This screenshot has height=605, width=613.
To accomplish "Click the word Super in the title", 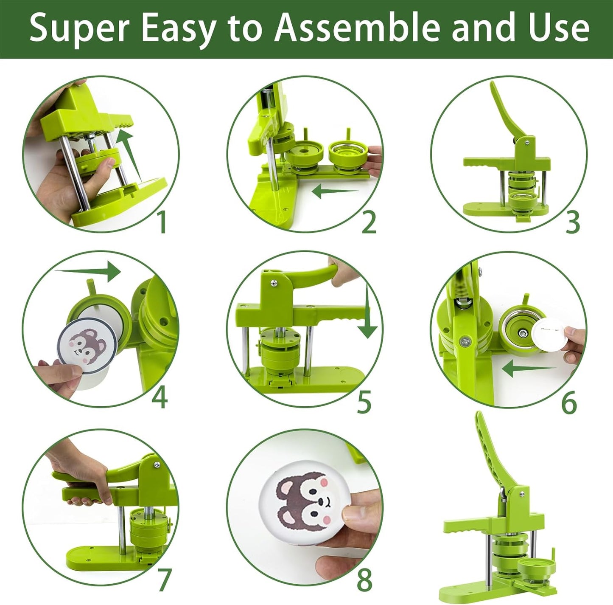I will click(79, 28).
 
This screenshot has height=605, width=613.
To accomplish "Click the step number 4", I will click(160, 397).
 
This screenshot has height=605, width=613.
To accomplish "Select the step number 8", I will click(364, 580).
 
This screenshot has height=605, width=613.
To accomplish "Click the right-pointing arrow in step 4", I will click(89, 270).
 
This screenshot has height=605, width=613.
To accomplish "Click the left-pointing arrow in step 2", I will click(335, 192).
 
